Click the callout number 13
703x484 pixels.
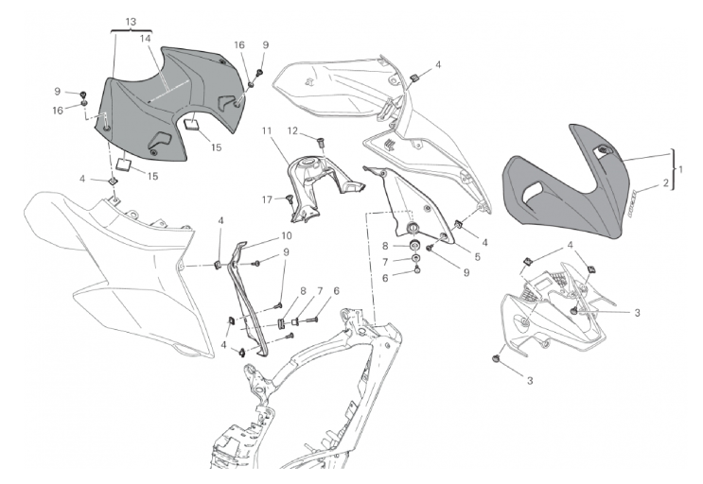pos(130,21)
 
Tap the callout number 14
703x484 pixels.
pos(146,40)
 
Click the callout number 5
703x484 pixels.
pos(477,255)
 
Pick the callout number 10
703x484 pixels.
pos(286,235)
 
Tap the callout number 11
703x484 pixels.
pos(268,130)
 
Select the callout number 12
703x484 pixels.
pos(293,130)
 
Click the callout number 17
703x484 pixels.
pos(268,199)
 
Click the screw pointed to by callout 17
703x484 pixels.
pos(289,199)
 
